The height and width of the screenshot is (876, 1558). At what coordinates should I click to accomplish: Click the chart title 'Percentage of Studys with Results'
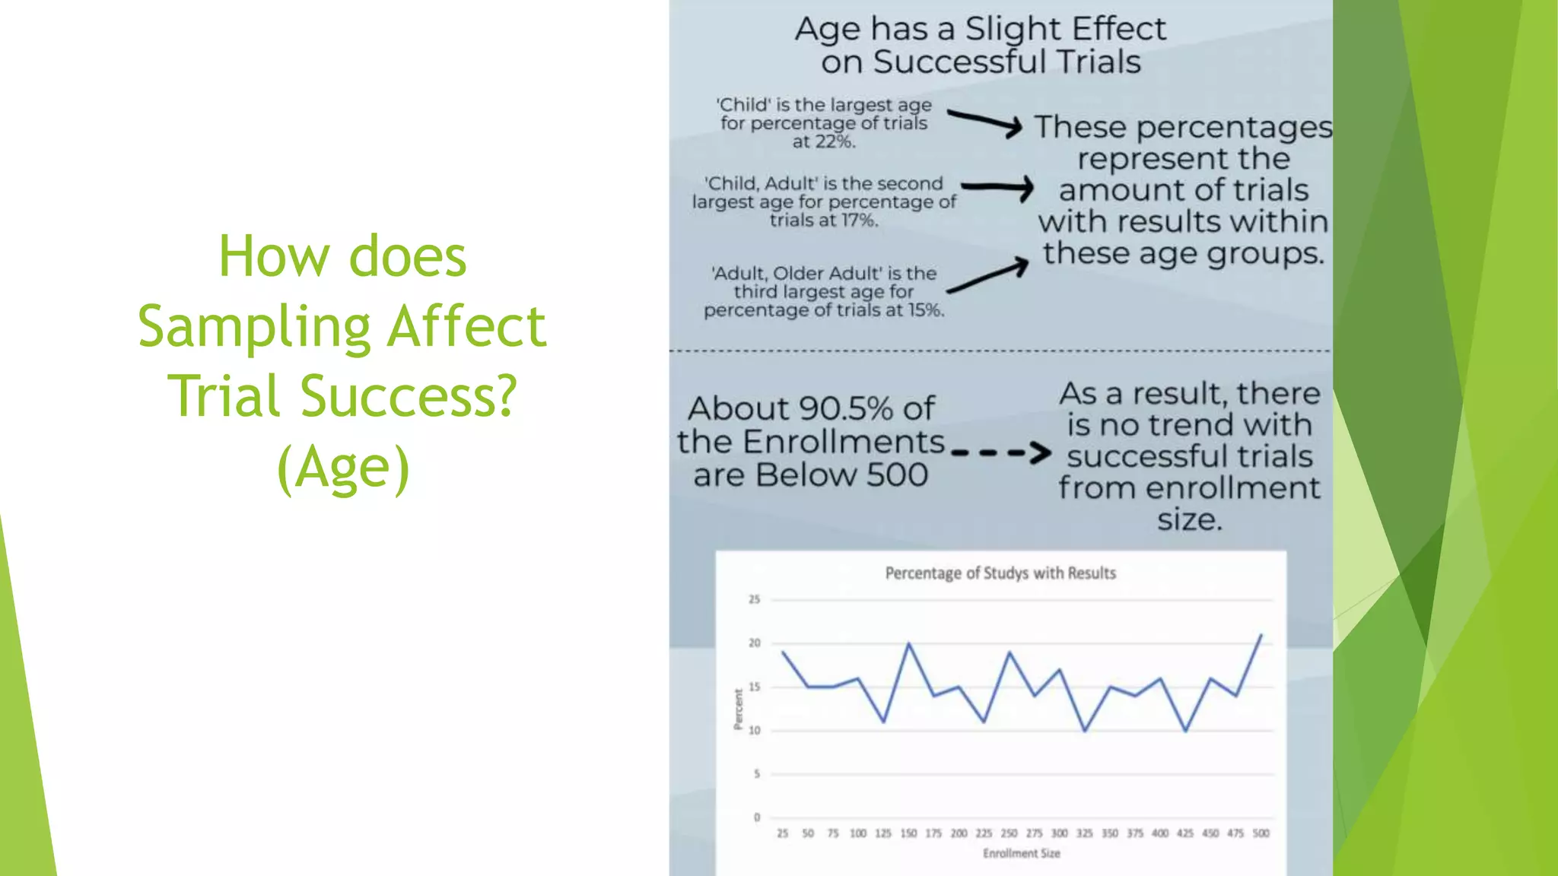coord(1000,573)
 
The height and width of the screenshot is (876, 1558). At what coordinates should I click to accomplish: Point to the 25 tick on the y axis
coord(754,599)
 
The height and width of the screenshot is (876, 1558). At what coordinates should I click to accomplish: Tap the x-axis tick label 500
coord(1261,833)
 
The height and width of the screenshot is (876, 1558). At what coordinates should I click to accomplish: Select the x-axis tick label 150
coord(908,833)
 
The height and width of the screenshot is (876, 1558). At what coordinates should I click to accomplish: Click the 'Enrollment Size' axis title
coord(1021,854)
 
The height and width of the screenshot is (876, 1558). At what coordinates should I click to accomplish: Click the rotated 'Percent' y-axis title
coord(737,709)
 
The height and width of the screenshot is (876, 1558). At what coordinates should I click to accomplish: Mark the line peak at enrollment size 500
coord(1261,635)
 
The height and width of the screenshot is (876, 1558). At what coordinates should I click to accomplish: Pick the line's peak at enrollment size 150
coord(908,644)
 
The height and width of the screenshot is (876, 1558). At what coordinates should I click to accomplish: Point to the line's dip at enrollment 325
coord(1085,731)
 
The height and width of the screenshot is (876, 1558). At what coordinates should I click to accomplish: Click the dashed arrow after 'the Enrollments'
coord(1000,453)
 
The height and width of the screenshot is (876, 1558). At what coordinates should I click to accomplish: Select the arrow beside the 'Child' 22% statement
coord(984,122)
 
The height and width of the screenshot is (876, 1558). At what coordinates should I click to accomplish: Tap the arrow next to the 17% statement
coord(997,186)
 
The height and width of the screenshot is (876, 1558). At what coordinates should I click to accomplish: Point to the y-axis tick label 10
coord(754,731)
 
